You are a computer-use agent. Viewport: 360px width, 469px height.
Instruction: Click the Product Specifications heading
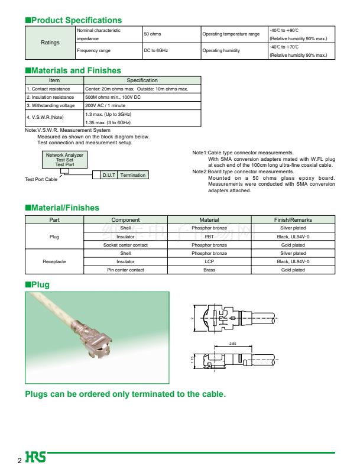(x=73, y=20)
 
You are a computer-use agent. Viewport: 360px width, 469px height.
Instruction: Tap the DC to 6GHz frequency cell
(x=156, y=51)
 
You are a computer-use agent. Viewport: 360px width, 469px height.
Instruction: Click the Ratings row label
(x=50, y=43)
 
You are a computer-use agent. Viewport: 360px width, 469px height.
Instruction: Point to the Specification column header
(x=142, y=80)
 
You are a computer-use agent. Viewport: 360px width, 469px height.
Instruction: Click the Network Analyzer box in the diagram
(x=65, y=159)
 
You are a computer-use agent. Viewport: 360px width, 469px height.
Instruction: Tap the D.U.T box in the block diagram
(x=109, y=175)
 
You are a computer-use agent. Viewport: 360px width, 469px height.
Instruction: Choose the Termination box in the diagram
(x=132, y=175)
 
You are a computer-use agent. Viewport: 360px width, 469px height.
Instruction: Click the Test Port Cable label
(x=41, y=179)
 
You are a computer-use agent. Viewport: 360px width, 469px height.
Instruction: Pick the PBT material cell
(x=209, y=237)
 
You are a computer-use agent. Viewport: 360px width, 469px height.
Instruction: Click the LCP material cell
(x=209, y=261)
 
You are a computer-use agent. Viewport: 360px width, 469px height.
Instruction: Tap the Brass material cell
(x=209, y=270)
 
